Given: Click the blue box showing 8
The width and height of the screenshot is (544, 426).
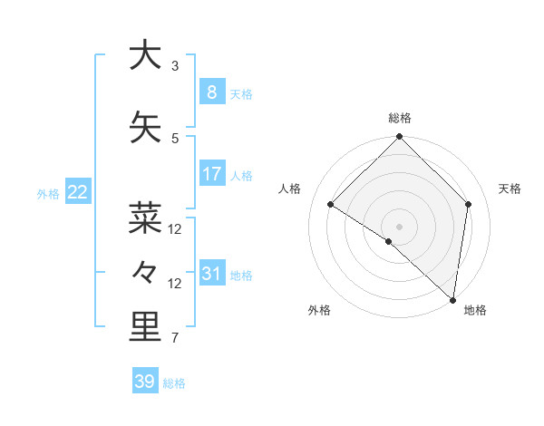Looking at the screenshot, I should [211, 92].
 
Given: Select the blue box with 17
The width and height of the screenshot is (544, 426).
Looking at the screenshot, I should [211, 173].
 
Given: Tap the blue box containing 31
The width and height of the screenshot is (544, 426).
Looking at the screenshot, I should [211, 273].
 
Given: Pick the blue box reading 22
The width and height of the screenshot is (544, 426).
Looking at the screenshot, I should [77, 191].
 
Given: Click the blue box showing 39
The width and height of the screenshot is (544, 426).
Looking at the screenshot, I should [144, 382].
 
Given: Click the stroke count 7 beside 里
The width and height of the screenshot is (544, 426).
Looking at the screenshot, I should [175, 339].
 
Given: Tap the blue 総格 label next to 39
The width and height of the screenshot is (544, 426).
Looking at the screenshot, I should [174, 383].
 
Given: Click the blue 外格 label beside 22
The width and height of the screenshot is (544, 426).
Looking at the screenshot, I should [47, 193].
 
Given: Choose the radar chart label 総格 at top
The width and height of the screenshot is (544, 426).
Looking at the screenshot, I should [399, 118].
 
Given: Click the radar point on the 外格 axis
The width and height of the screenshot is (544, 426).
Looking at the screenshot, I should [388, 242].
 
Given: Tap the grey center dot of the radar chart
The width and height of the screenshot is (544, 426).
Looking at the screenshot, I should [399, 226].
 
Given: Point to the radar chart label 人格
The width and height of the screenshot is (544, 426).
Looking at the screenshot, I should [289, 189].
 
